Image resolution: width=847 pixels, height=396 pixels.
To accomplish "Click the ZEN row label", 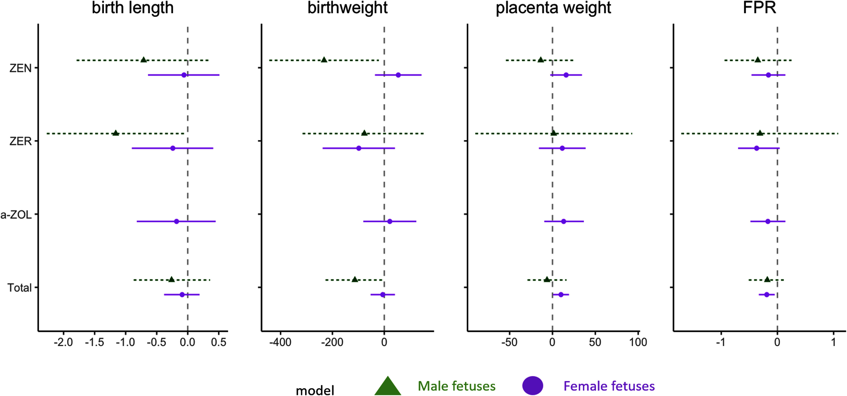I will [20, 68].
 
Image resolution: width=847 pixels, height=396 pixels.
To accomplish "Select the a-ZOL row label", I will [16, 215].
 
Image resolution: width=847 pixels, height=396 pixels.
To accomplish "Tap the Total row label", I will [19, 288].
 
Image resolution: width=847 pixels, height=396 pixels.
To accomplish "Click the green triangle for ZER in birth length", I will [115, 133].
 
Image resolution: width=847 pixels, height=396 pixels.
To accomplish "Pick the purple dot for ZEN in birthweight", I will [398, 75].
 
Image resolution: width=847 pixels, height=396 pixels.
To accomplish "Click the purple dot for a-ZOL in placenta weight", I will [563, 221].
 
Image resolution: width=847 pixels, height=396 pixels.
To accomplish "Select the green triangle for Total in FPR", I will [767, 279].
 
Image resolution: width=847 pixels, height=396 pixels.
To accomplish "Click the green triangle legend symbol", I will [388, 386].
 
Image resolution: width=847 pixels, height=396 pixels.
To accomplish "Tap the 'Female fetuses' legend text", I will [609, 386].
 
